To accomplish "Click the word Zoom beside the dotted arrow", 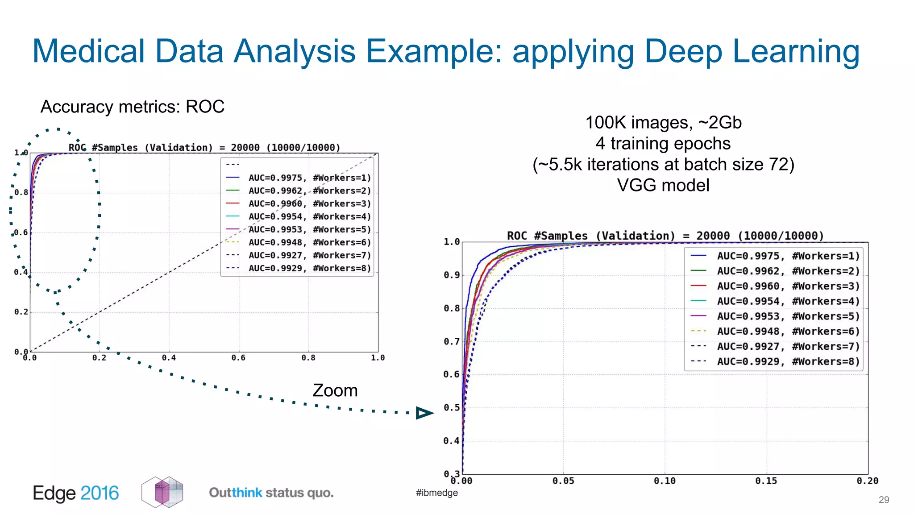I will (335, 390).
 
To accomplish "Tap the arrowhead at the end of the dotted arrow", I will (424, 413).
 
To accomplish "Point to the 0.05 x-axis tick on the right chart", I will (564, 481).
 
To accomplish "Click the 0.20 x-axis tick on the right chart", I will (867, 481).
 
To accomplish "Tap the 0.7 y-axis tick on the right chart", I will (452, 342).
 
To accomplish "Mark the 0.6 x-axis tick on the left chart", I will (238, 358).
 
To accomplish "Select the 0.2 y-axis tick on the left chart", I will (21, 312).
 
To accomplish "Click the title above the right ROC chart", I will (665, 236).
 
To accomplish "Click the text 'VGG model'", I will (663, 185).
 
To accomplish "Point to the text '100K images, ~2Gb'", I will (663, 122).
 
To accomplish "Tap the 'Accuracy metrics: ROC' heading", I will (133, 107).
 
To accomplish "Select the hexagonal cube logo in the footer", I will (162, 492).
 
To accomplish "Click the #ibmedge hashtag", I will (436, 493).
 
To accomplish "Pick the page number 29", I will (884, 500).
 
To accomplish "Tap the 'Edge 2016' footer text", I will (76, 493).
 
